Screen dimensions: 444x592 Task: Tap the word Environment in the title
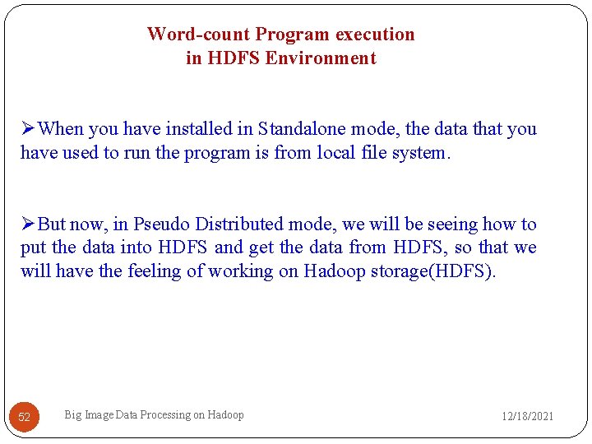[x=326, y=58]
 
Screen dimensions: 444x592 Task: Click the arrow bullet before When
[x=28, y=129]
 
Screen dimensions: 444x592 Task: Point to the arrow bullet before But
[x=28, y=224]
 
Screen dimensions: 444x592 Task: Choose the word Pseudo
[x=161, y=224]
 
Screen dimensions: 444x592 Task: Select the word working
[x=241, y=271]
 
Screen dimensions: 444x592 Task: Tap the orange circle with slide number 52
[x=25, y=417]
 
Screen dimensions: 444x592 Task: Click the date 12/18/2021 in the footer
[x=528, y=417]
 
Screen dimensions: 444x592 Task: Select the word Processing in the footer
[x=164, y=415]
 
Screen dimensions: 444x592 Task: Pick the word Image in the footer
[x=99, y=415]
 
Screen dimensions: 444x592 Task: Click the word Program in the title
[x=287, y=35]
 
